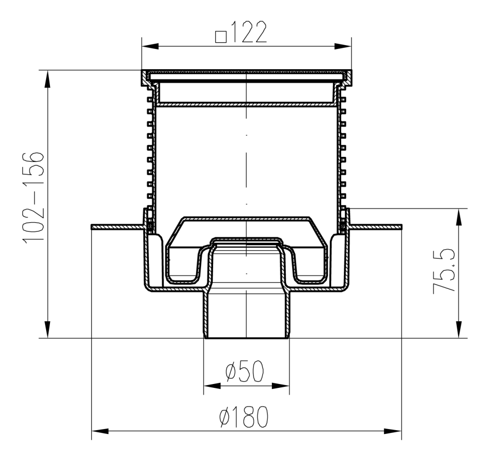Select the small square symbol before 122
221,37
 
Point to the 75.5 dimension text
443,271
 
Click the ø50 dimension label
245,372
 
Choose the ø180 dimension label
244,417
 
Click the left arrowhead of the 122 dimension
150,47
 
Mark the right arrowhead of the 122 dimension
343,47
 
